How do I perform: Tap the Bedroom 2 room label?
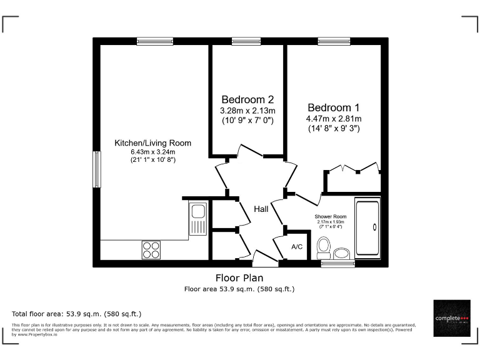click(247, 99)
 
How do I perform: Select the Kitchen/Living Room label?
click(152, 143)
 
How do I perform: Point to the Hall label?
click(261, 209)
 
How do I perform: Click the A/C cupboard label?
click(297, 247)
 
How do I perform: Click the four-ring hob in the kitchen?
click(151, 249)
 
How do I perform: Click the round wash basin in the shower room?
click(342, 253)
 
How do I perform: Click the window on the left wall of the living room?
click(97, 169)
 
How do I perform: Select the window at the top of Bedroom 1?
click(333, 41)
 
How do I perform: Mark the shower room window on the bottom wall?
click(333, 264)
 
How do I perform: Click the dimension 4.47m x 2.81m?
click(333, 119)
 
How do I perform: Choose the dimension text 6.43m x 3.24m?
click(152, 152)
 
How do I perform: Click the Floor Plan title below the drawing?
click(239, 278)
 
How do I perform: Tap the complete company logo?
click(452, 318)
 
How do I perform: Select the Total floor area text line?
click(77, 313)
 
